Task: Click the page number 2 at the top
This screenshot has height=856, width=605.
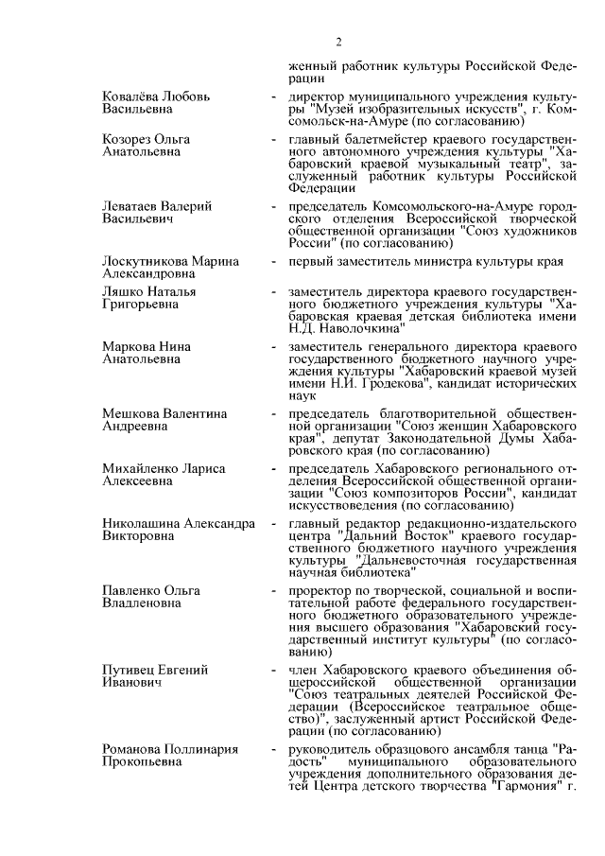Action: [337, 42]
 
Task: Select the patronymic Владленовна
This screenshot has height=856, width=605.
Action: [140, 604]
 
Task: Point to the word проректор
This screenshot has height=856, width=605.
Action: [320, 591]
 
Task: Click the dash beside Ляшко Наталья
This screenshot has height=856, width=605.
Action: [273, 294]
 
